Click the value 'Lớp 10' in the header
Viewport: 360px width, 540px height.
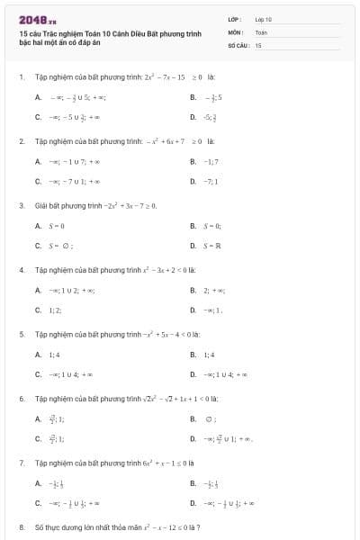point(264,18)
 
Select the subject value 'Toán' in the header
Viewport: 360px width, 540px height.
point(261,31)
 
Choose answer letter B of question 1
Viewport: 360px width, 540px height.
point(193,97)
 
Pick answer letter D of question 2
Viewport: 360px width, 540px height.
point(193,182)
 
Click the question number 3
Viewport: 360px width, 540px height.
point(21,205)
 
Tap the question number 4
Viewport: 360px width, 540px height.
point(21,270)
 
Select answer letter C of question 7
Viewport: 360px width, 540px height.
point(38,504)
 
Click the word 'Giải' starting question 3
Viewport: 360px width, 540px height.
point(41,205)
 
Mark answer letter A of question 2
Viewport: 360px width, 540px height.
point(38,162)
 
